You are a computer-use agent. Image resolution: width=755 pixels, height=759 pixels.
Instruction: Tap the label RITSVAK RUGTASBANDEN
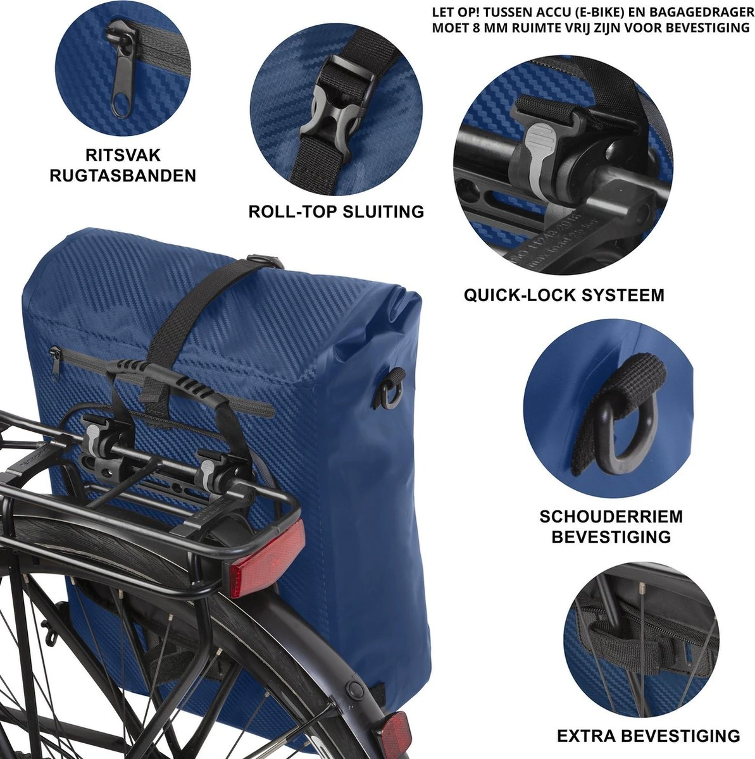point(123,166)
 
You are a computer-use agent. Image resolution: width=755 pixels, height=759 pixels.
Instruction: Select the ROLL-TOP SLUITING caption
point(336,212)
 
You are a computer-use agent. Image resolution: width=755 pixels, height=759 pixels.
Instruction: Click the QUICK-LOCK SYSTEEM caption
point(564,295)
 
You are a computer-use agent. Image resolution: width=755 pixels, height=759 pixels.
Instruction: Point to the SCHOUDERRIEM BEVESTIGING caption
point(611,526)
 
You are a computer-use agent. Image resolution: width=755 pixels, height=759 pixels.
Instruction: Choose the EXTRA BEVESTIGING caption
point(649,736)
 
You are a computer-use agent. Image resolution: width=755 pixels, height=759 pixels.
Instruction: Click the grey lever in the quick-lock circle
point(537,157)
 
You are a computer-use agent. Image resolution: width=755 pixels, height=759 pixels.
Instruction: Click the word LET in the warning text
point(444,13)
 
